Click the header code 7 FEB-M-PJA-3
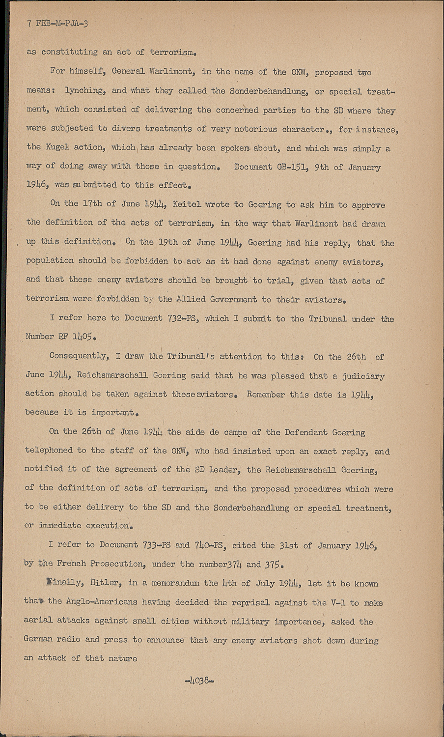pyautogui.click(x=58, y=24)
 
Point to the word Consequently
pyautogui.click(x=78, y=356)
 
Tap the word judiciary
pyautogui.click(x=364, y=376)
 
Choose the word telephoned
pyautogui.click(x=49, y=451)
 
